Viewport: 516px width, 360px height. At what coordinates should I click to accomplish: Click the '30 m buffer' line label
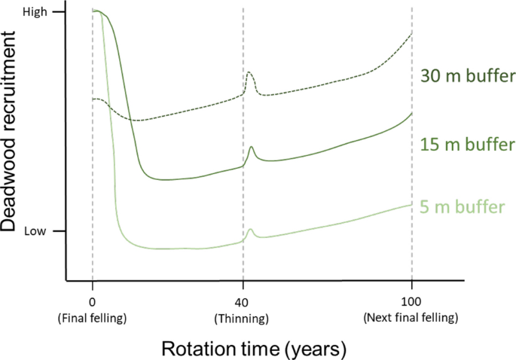pyautogui.click(x=468, y=76)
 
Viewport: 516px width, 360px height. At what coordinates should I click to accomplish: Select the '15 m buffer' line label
pyautogui.click(x=468, y=144)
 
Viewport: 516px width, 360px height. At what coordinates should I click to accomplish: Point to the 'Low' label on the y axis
pyautogui.click(x=35, y=231)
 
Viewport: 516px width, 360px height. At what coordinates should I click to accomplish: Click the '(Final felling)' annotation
pyautogui.click(x=92, y=318)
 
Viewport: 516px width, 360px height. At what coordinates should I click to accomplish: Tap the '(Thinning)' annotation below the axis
pyautogui.click(x=243, y=318)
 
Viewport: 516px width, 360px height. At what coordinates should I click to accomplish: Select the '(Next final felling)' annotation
pyautogui.click(x=411, y=318)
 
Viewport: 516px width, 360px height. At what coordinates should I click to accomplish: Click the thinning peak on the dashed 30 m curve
pyautogui.click(x=250, y=73)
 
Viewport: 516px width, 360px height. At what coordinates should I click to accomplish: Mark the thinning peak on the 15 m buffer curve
pyautogui.click(x=252, y=147)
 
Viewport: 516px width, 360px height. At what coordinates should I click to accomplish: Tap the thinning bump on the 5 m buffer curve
pyautogui.click(x=251, y=229)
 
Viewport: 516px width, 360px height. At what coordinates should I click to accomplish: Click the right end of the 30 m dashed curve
pyautogui.click(x=411, y=34)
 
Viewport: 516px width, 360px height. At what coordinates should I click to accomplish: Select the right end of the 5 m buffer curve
pyautogui.click(x=411, y=204)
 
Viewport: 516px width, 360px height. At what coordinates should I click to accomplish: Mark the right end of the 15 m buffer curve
pyautogui.click(x=411, y=113)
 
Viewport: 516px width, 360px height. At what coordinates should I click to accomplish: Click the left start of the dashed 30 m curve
pyautogui.click(x=93, y=99)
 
